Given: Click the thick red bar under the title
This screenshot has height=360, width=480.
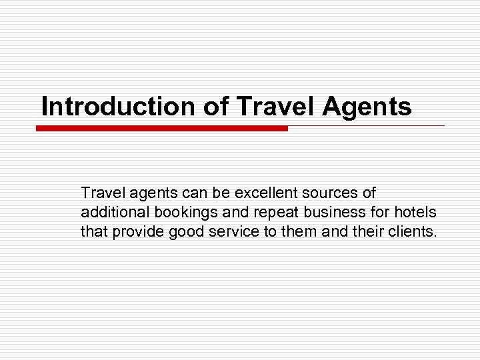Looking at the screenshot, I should coord(162,128).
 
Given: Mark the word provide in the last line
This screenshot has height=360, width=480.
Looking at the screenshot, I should coord(137,232).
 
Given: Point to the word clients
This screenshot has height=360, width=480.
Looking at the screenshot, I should coord(414,232).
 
